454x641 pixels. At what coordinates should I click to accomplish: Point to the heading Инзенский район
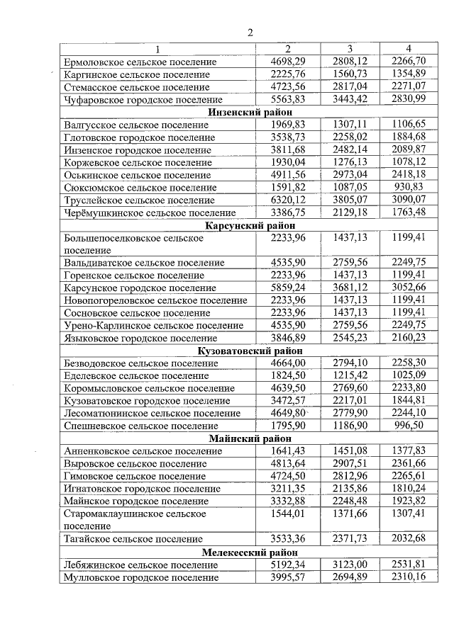(250, 113)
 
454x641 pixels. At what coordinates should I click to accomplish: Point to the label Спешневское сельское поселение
(140, 426)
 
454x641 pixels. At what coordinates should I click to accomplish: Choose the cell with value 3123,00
(349, 565)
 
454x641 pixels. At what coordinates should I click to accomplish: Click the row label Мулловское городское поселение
(140, 578)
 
